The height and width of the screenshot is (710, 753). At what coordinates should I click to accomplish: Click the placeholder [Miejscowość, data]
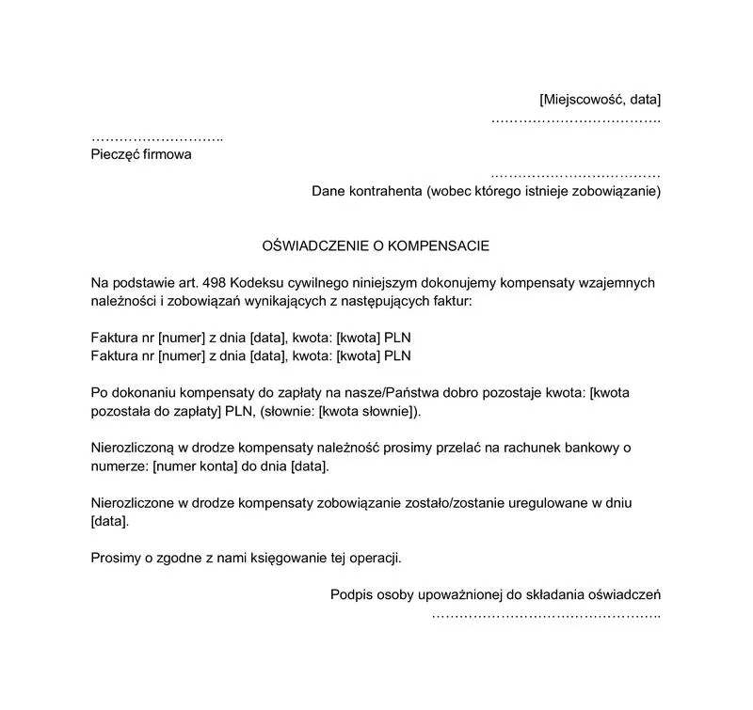(600, 100)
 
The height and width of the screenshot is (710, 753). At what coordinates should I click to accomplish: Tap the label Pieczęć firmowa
(141, 154)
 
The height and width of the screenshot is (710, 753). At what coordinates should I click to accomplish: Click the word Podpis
(351, 594)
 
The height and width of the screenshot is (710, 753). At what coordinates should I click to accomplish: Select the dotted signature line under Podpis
(546, 615)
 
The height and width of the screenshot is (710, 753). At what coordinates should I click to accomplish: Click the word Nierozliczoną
(136, 449)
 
